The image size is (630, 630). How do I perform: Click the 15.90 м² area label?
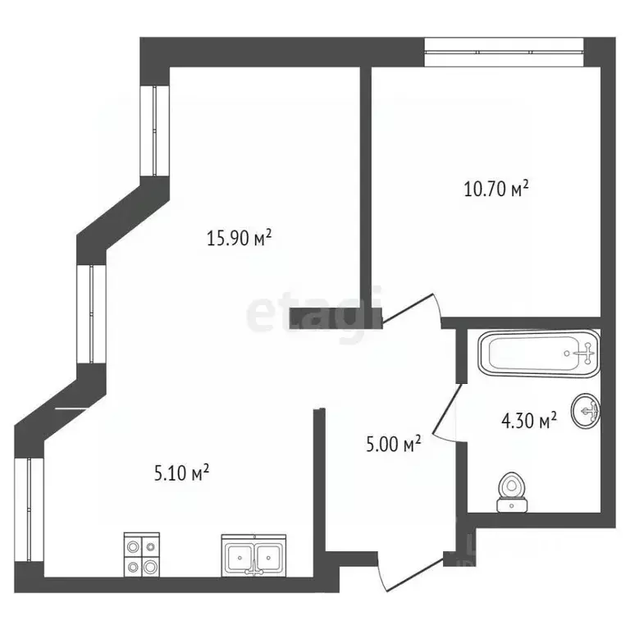click(x=239, y=240)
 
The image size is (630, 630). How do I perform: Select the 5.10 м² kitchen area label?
click(x=182, y=472)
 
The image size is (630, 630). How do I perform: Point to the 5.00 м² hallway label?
click(x=393, y=445)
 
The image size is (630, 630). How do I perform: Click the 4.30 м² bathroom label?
click(x=529, y=422)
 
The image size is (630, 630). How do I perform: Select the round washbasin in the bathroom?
click(x=588, y=409)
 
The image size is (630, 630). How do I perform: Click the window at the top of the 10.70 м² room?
click(x=503, y=52)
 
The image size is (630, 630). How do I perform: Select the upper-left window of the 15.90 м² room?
click(x=153, y=130)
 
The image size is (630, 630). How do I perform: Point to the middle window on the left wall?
click(x=91, y=314)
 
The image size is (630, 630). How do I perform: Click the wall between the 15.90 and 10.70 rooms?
click(x=366, y=189)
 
